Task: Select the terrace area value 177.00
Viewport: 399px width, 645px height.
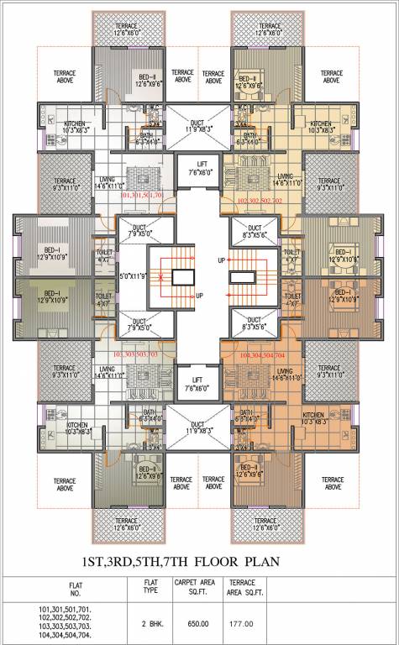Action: point(240,623)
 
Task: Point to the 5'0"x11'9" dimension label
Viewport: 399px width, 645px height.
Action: point(134,275)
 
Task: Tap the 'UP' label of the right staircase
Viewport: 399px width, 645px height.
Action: point(220,260)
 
